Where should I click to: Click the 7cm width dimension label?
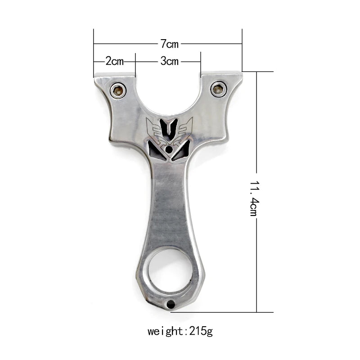coord(169,44)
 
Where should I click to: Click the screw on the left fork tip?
coord(118,91)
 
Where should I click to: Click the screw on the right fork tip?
coord(219,89)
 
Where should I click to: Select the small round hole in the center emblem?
coord(169,149)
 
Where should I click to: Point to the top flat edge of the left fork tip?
coord(114,76)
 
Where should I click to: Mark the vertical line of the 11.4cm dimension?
coord(256,135)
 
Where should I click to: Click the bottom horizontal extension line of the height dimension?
coord(225,312)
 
